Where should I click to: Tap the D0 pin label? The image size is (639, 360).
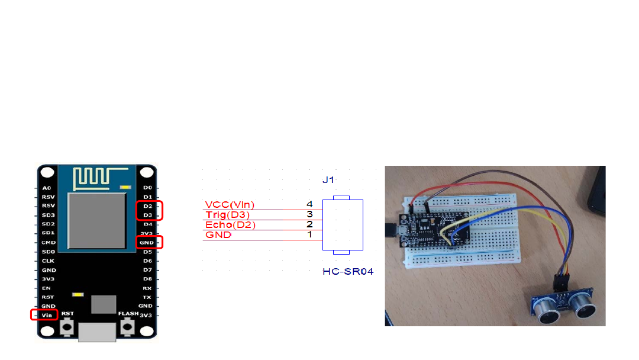coord(147,187)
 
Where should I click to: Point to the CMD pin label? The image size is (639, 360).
coord(49,242)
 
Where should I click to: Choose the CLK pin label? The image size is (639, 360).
coord(48,261)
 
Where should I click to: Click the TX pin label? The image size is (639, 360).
coord(147,297)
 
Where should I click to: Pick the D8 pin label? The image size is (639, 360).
coord(147,279)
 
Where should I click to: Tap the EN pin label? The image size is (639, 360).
coord(47,288)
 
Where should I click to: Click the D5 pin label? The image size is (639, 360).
coord(147,252)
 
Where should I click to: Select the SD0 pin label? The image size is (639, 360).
coord(48,252)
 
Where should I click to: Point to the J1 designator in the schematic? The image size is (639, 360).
coord(329,180)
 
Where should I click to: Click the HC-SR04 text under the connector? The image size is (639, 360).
coord(348,272)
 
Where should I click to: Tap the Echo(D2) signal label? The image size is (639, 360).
coord(231,224)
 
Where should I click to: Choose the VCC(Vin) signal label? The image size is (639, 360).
coord(230,205)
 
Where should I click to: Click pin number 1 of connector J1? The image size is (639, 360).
coord(309,234)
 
